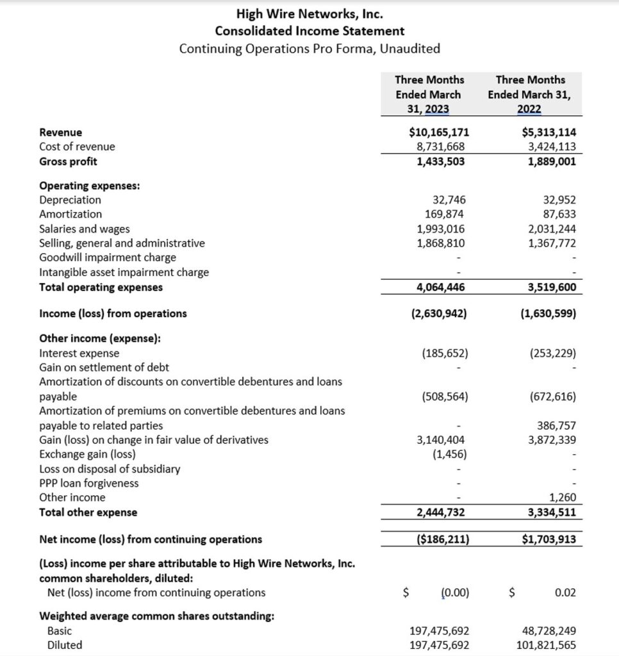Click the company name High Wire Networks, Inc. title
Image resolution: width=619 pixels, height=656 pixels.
(309, 13)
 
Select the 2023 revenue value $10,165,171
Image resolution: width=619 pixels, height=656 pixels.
(439, 132)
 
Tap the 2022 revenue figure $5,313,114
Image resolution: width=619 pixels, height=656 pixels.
(549, 132)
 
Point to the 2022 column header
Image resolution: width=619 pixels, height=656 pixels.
(529, 94)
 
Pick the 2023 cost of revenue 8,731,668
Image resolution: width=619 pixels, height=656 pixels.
(441, 147)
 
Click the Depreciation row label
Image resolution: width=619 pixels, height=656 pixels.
(70, 200)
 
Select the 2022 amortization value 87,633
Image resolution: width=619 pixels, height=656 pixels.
(559, 214)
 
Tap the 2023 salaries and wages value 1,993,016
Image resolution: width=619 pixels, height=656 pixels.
(441, 229)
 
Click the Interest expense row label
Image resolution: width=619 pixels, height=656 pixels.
(79, 353)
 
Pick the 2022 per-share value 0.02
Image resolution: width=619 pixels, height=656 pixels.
(565, 593)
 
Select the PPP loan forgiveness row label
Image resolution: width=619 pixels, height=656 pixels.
(88, 483)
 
